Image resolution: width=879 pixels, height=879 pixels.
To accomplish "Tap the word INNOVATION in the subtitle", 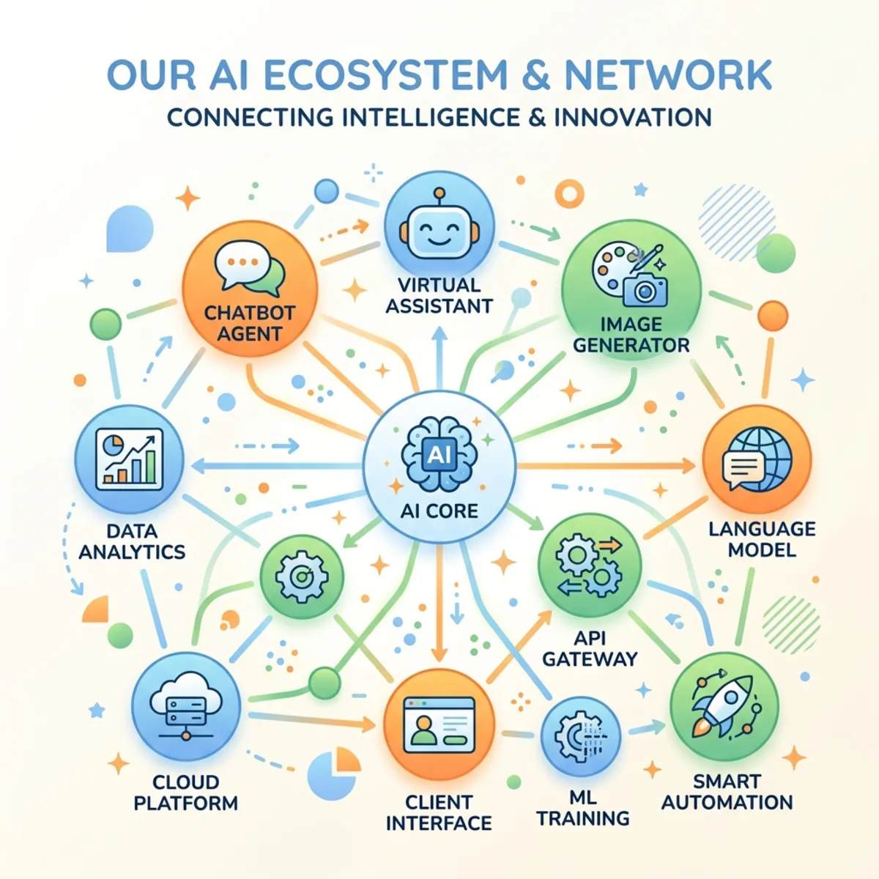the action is pos(633,117).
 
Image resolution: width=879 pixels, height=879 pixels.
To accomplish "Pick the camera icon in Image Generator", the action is pos(645,289).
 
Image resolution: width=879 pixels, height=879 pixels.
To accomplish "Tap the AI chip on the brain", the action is pos(439,454).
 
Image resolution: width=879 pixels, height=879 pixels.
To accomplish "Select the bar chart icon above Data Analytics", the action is pos(130,459).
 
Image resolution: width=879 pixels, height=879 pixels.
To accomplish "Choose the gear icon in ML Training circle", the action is pos(574,735).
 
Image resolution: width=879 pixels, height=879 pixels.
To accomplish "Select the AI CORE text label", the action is pos(439,511).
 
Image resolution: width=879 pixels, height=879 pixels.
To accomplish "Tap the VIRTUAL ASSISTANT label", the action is pos(439,295).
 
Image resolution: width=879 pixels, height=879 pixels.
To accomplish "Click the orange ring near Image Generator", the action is pos(570,194).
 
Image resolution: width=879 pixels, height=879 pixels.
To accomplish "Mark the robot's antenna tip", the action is pos(439,193).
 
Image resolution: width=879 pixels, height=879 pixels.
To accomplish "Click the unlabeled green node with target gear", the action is pos(302,577).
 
